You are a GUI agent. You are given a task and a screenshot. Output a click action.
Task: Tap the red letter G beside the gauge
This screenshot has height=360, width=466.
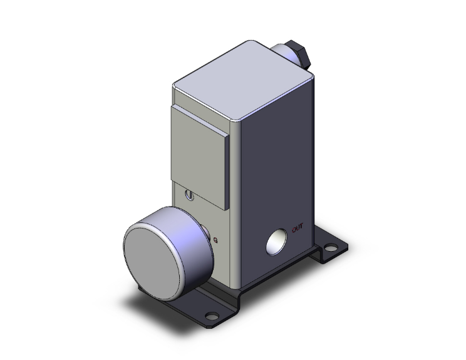point(216,239)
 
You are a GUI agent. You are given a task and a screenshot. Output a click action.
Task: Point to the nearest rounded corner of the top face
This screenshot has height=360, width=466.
point(237,118)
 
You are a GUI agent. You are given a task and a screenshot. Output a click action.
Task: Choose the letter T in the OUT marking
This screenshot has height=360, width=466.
point(303,228)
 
